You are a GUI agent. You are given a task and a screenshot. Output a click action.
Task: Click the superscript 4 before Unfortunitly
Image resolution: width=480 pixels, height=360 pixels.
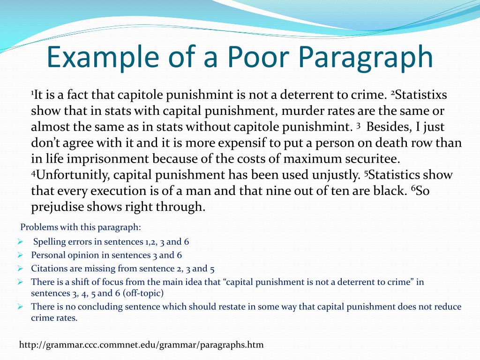[33, 173]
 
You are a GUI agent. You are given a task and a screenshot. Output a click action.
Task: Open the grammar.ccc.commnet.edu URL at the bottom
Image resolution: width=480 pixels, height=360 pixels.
[141, 345]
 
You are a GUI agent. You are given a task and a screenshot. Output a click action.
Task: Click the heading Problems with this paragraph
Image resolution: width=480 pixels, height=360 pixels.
[81, 227]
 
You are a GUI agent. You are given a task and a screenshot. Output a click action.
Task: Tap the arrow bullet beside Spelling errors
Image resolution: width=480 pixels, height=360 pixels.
[20, 242]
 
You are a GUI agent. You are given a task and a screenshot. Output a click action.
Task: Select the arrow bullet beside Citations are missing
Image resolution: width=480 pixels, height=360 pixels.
[20, 269]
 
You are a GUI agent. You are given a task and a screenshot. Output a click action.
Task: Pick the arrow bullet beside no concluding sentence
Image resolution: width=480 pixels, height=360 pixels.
[20, 307]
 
